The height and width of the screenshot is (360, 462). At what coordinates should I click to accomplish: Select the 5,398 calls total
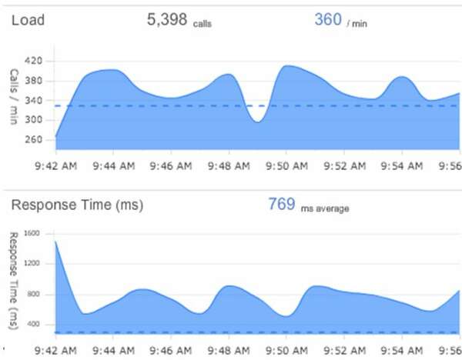point(179,21)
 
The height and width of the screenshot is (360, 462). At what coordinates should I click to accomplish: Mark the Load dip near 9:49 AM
point(258,122)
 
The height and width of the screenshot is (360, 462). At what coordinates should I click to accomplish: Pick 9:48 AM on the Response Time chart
point(228,349)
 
